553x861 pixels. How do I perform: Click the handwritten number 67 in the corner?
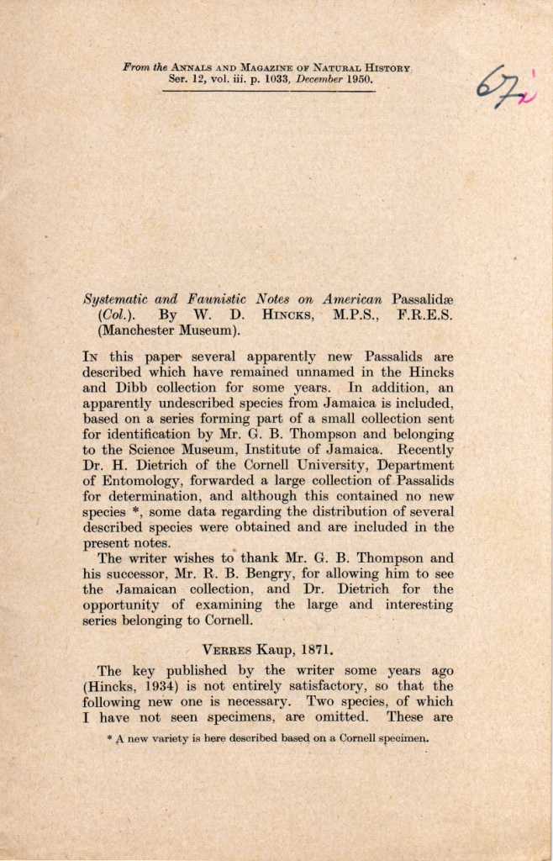(x=498, y=87)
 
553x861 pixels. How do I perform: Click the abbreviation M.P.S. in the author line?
(x=360, y=314)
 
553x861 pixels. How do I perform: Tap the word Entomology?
(x=138, y=480)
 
